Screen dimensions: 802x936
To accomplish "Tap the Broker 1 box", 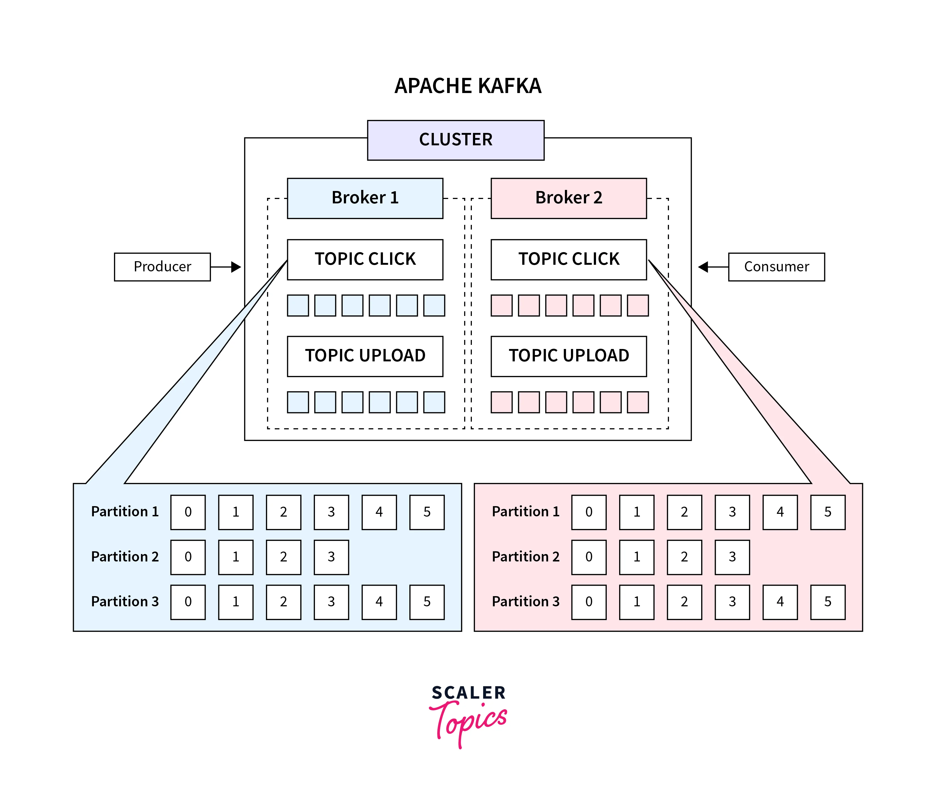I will point(365,198).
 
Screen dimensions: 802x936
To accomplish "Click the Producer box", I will point(162,267).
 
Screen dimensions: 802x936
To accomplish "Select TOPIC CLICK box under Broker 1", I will point(365,259).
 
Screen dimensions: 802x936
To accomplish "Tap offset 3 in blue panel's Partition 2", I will point(331,557).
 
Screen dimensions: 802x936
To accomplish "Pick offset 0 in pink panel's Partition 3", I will point(589,602).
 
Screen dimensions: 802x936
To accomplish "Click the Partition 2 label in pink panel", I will point(525,557).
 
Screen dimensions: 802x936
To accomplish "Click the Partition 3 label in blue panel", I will point(125,602).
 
